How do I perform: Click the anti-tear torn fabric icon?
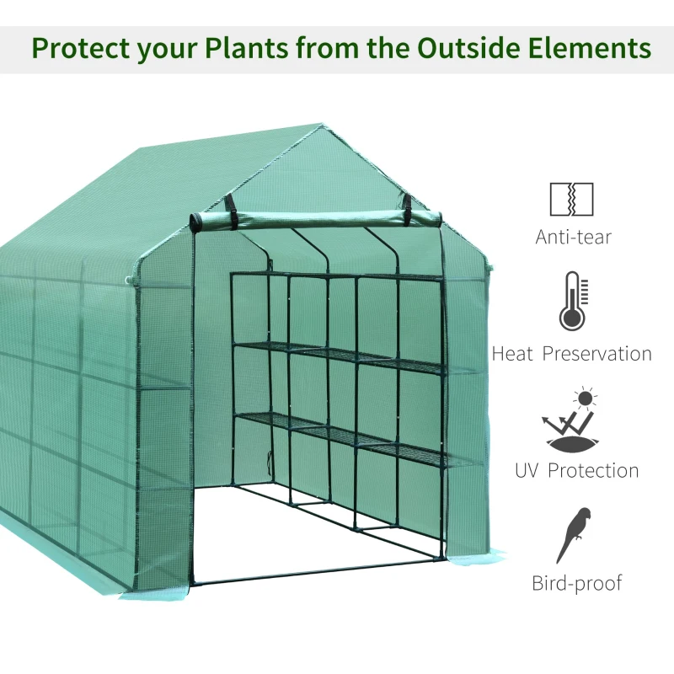point(571,199)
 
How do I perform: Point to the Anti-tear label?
point(573,237)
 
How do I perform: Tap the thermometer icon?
point(572,301)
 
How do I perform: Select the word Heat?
point(512,354)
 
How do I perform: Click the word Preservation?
point(596,354)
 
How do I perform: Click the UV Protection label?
point(576,469)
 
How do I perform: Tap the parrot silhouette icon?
point(574,534)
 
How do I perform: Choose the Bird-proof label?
point(576,583)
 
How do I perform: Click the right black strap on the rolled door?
point(406,204)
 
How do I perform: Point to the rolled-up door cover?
point(316,219)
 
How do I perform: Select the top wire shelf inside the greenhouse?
point(337,276)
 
